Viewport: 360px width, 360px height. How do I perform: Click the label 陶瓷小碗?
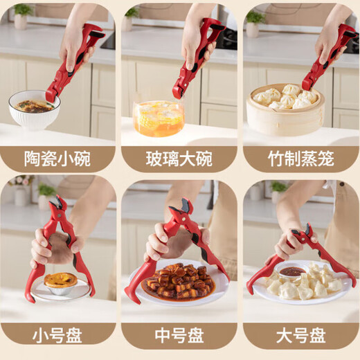point(57,159)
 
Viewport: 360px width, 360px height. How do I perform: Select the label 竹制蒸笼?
point(301,159)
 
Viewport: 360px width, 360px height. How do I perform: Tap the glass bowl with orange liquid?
point(159,118)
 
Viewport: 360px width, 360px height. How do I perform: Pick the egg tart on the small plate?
point(60,280)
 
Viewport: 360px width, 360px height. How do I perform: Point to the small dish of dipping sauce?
point(293,271)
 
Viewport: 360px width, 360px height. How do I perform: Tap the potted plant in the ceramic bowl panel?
point(22,15)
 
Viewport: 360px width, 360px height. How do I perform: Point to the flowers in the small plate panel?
point(21,183)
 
